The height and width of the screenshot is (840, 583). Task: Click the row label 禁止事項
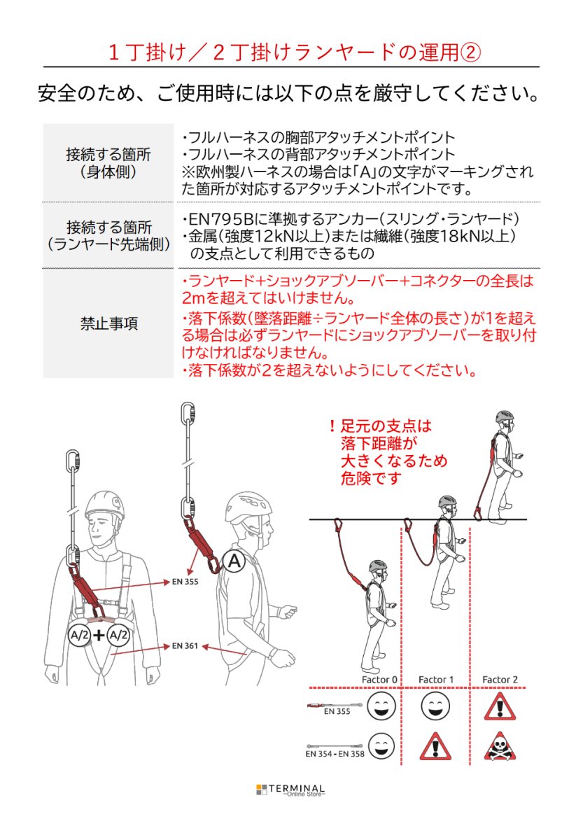[108, 323]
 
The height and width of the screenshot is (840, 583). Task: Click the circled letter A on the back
[235, 560]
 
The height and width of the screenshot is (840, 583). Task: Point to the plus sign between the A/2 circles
[99, 635]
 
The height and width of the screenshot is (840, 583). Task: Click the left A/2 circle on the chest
[78, 635]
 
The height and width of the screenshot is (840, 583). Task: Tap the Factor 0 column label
[379, 679]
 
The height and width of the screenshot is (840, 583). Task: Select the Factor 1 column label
[435, 679]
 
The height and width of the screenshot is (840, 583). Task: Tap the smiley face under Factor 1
[435, 706]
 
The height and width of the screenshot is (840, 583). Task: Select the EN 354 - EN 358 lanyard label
[335, 754]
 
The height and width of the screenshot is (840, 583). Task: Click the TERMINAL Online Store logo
[290, 790]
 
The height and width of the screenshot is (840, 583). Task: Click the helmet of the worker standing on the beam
[504, 417]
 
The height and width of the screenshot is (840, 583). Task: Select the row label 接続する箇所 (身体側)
[108, 163]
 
